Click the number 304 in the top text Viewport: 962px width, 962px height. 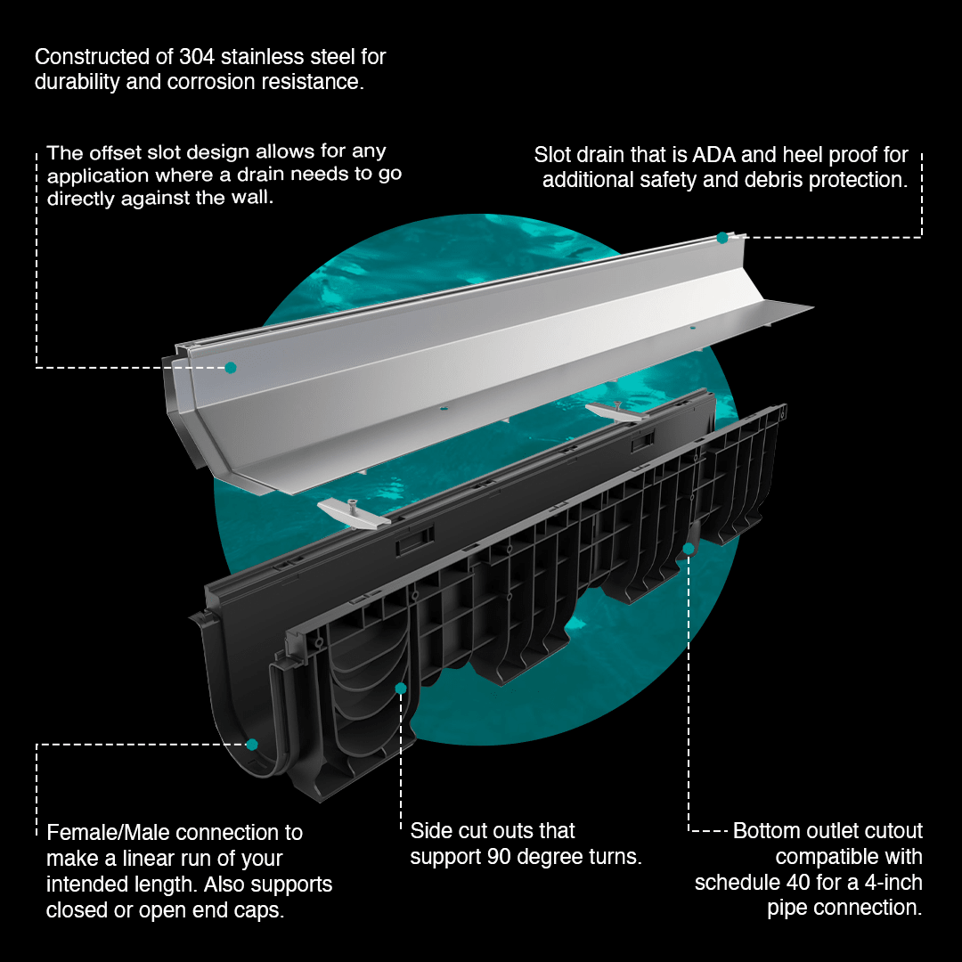196,56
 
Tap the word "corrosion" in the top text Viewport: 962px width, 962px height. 207,82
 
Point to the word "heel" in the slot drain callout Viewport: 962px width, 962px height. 802,155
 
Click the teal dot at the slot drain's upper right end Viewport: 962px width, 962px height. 722,238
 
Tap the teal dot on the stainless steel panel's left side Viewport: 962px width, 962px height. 231,368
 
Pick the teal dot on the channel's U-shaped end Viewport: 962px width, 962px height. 252,744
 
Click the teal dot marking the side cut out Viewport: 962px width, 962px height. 401,689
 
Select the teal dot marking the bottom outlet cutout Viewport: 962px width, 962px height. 689,549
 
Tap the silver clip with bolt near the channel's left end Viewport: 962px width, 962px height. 354,511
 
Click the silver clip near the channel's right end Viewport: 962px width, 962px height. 616,411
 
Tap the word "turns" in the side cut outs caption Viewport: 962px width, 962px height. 616,857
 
